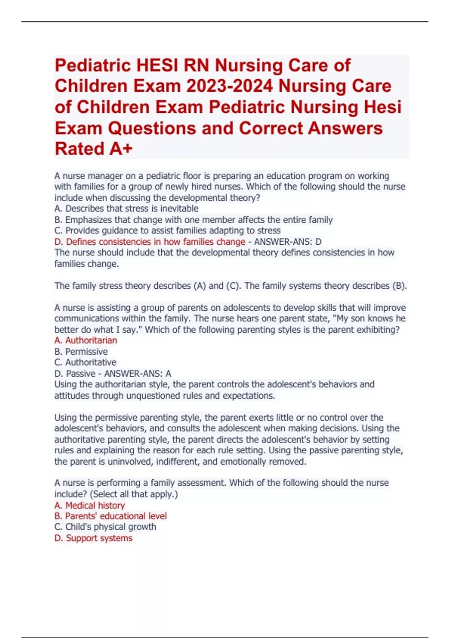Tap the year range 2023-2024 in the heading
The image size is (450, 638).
[229, 86]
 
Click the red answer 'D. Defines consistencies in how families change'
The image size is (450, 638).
[150, 242]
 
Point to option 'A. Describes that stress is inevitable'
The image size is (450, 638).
[126, 209]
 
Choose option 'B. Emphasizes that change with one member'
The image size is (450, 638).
[193, 220]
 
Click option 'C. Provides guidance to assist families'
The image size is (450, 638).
[167, 230]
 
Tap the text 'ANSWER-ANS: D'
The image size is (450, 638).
[288, 242]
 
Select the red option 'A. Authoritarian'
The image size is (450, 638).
[85, 340]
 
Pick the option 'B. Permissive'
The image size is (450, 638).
[81, 352]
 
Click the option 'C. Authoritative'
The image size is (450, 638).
[85, 363]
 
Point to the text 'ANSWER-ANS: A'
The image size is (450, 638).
[137, 374]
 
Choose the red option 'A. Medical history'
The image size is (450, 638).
[90, 506]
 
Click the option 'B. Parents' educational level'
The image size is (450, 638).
[111, 516]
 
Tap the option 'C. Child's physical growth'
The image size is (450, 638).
[105, 527]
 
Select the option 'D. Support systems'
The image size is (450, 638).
[93, 538]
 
